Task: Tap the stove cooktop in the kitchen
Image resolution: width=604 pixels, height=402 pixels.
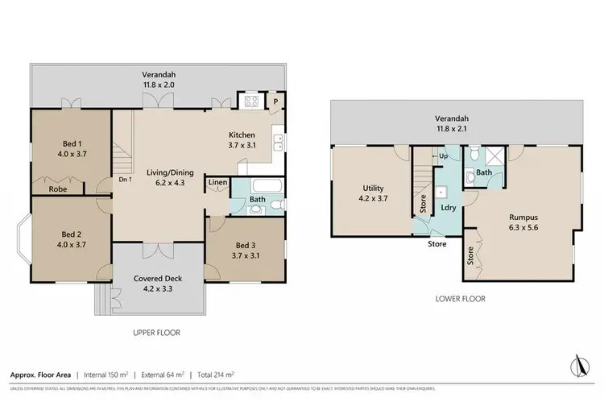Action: (x=250, y=102)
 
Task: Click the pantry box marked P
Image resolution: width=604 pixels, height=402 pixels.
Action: (x=275, y=102)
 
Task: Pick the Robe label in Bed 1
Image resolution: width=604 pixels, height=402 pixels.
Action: (x=57, y=189)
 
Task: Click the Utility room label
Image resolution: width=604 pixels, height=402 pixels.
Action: (x=373, y=193)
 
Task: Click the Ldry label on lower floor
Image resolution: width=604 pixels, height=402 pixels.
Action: (x=449, y=207)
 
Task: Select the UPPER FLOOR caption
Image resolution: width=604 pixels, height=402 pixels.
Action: (x=157, y=332)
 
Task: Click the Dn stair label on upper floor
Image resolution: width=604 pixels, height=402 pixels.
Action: (x=125, y=180)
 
